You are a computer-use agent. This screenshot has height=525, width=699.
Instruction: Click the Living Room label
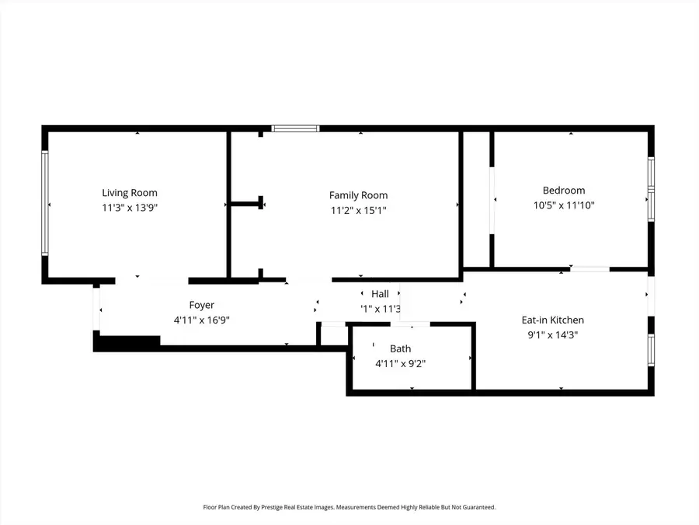[x=130, y=193]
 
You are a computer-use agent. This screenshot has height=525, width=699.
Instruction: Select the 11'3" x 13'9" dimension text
[x=130, y=208]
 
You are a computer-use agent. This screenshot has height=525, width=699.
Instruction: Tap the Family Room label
[x=358, y=195]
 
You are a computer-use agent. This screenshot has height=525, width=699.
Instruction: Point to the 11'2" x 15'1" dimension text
[x=358, y=210]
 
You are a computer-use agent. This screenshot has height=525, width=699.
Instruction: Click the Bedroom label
[x=564, y=191]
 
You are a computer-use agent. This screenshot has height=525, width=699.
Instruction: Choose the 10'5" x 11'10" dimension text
[x=564, y=205]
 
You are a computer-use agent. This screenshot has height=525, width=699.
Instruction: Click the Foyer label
[x=201, y=305]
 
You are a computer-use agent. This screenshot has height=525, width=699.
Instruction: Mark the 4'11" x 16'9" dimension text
[x=201, y=320]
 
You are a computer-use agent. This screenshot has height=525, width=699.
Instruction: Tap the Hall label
[x=380, y=294]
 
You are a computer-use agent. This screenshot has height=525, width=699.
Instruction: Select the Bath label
[x=401, y=348]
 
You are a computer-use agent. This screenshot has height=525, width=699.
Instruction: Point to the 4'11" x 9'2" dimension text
[x=401, y=363]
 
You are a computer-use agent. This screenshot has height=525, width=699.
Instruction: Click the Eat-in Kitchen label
[x=552, y=320]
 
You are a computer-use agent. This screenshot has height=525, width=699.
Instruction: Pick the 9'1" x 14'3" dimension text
[x=552, y=335]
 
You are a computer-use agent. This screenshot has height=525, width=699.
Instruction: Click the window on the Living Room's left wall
[x=45, y=203]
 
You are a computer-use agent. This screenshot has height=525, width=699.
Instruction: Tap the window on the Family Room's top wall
[x=295, y=128]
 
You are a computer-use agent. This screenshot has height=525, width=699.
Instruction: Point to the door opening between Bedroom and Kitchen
[x=589, y=269]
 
